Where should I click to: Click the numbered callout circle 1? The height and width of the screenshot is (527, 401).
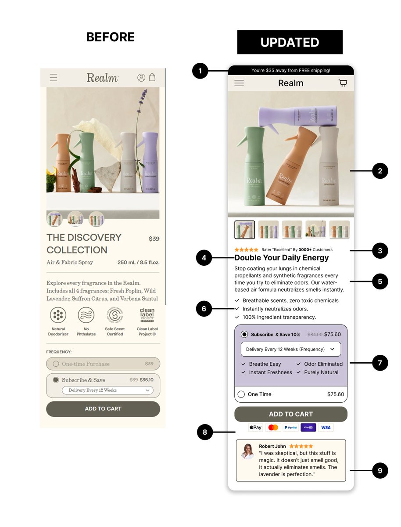click(x=200, y=71)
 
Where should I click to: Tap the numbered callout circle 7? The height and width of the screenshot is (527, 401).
click(x=380, y=363)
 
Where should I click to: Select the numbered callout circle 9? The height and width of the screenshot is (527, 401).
click(x=380, y=470)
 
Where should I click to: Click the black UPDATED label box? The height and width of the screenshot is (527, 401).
click(x=290, y=42)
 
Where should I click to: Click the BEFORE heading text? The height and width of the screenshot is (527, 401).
click(x=110, y=37)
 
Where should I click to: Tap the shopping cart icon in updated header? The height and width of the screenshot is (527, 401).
click(x=343, y=83)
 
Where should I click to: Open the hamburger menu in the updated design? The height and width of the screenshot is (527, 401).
click(x=239, y=83)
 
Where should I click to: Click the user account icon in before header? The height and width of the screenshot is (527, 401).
click(x=141, y=78)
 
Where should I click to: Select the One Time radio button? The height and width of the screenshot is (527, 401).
click(x=241, y=394)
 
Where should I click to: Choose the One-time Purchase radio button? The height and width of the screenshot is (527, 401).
click(x=56, y=364)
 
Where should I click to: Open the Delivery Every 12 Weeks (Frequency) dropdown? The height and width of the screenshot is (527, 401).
click(x=290, y=349)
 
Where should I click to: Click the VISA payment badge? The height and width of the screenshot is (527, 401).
click(x=325, y=427)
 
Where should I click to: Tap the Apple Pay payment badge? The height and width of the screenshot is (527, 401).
click(x=255, y=427)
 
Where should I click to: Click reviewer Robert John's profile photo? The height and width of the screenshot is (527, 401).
click(x=248, y=451)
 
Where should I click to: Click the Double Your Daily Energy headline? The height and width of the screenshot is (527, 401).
click(x=281, y=258)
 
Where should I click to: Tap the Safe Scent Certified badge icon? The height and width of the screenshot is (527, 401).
click(x=115, y=315)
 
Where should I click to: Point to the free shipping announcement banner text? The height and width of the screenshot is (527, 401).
click(x=290, y=70)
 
